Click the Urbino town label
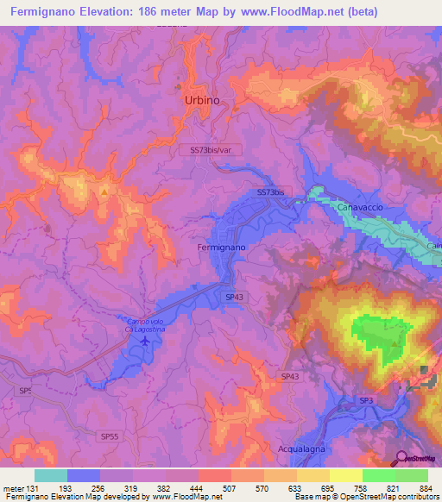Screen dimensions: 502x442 tap(202, 101)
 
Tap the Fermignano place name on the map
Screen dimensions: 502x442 tap(222, 248)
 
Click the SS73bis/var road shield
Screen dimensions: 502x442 tap(212, 149)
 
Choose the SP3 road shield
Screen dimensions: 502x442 tap(366, 400)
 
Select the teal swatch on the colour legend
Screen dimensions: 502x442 tap(50, 475)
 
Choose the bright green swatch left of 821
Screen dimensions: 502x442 tap(378, 475)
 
